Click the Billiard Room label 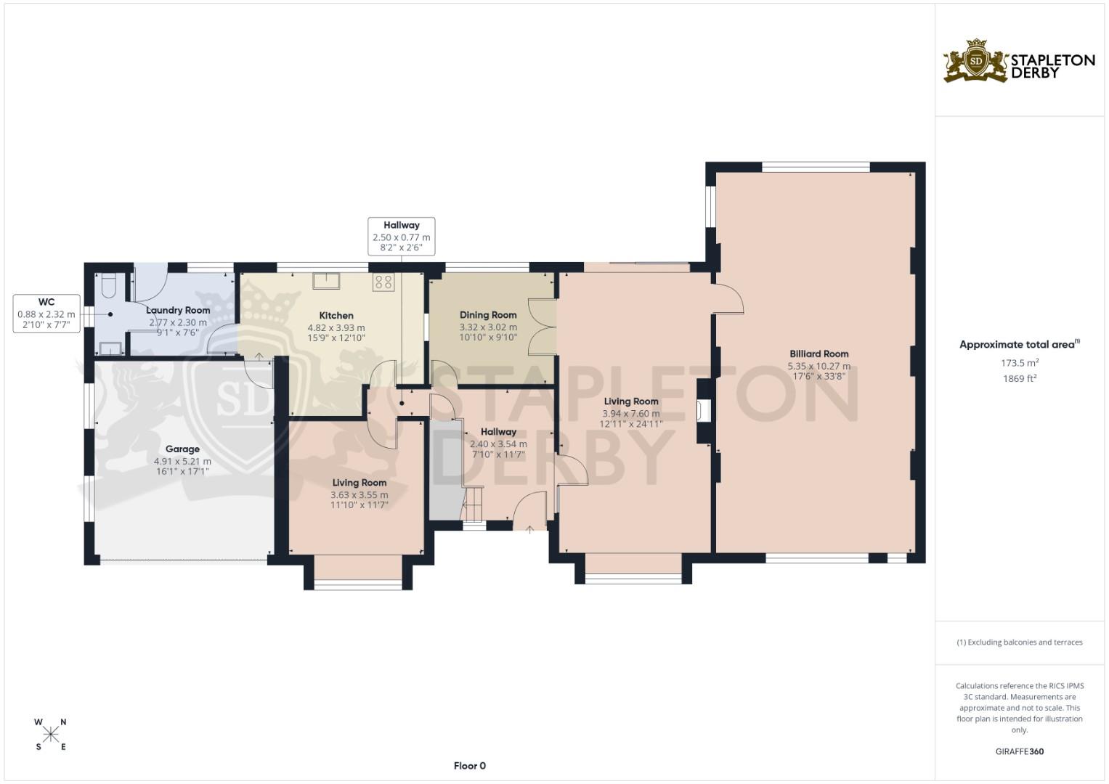point(818,354)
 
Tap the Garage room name point(182,449)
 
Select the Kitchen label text point(336,316)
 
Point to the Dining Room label point(488,315)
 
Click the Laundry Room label point(178,311)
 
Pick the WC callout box point(46,314)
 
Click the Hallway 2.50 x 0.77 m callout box point(401,237)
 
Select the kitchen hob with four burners point(383,282)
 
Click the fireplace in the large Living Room point(701,411)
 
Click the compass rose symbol point(51,734)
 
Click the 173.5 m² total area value point(1019,362)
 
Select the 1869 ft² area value point(1019,378)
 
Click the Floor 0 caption point(469,766)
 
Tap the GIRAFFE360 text point(1019,751)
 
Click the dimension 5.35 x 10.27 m point(818,366)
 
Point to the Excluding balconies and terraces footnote point(1019,642)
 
